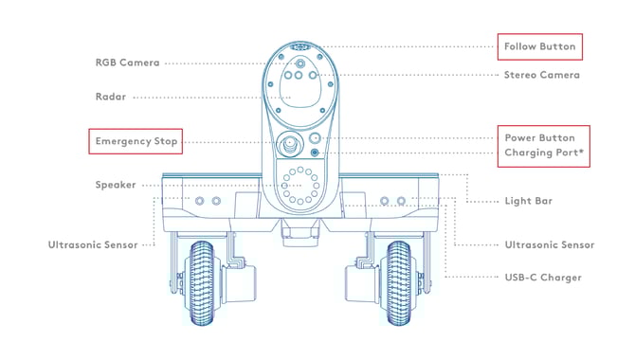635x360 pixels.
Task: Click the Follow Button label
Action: pos(537,45)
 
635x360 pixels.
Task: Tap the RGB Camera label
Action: pos(127,63)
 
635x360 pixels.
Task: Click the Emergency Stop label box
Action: pos(134,142)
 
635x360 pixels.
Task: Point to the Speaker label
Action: pos(116,185)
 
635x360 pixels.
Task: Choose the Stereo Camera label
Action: pos(541,74)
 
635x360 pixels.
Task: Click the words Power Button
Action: pos(539,137)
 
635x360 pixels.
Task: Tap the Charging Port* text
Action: pos(543,153)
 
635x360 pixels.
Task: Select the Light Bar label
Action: pos(529,201)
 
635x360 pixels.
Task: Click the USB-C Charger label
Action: pos(543,277)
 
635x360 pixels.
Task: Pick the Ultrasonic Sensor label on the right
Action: pos(549,244)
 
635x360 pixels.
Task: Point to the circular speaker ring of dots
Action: pos(301,184)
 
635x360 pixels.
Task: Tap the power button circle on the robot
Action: pos(315,137)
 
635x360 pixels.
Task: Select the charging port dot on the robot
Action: pos(315,153)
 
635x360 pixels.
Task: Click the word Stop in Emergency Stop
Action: pos(164,142)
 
